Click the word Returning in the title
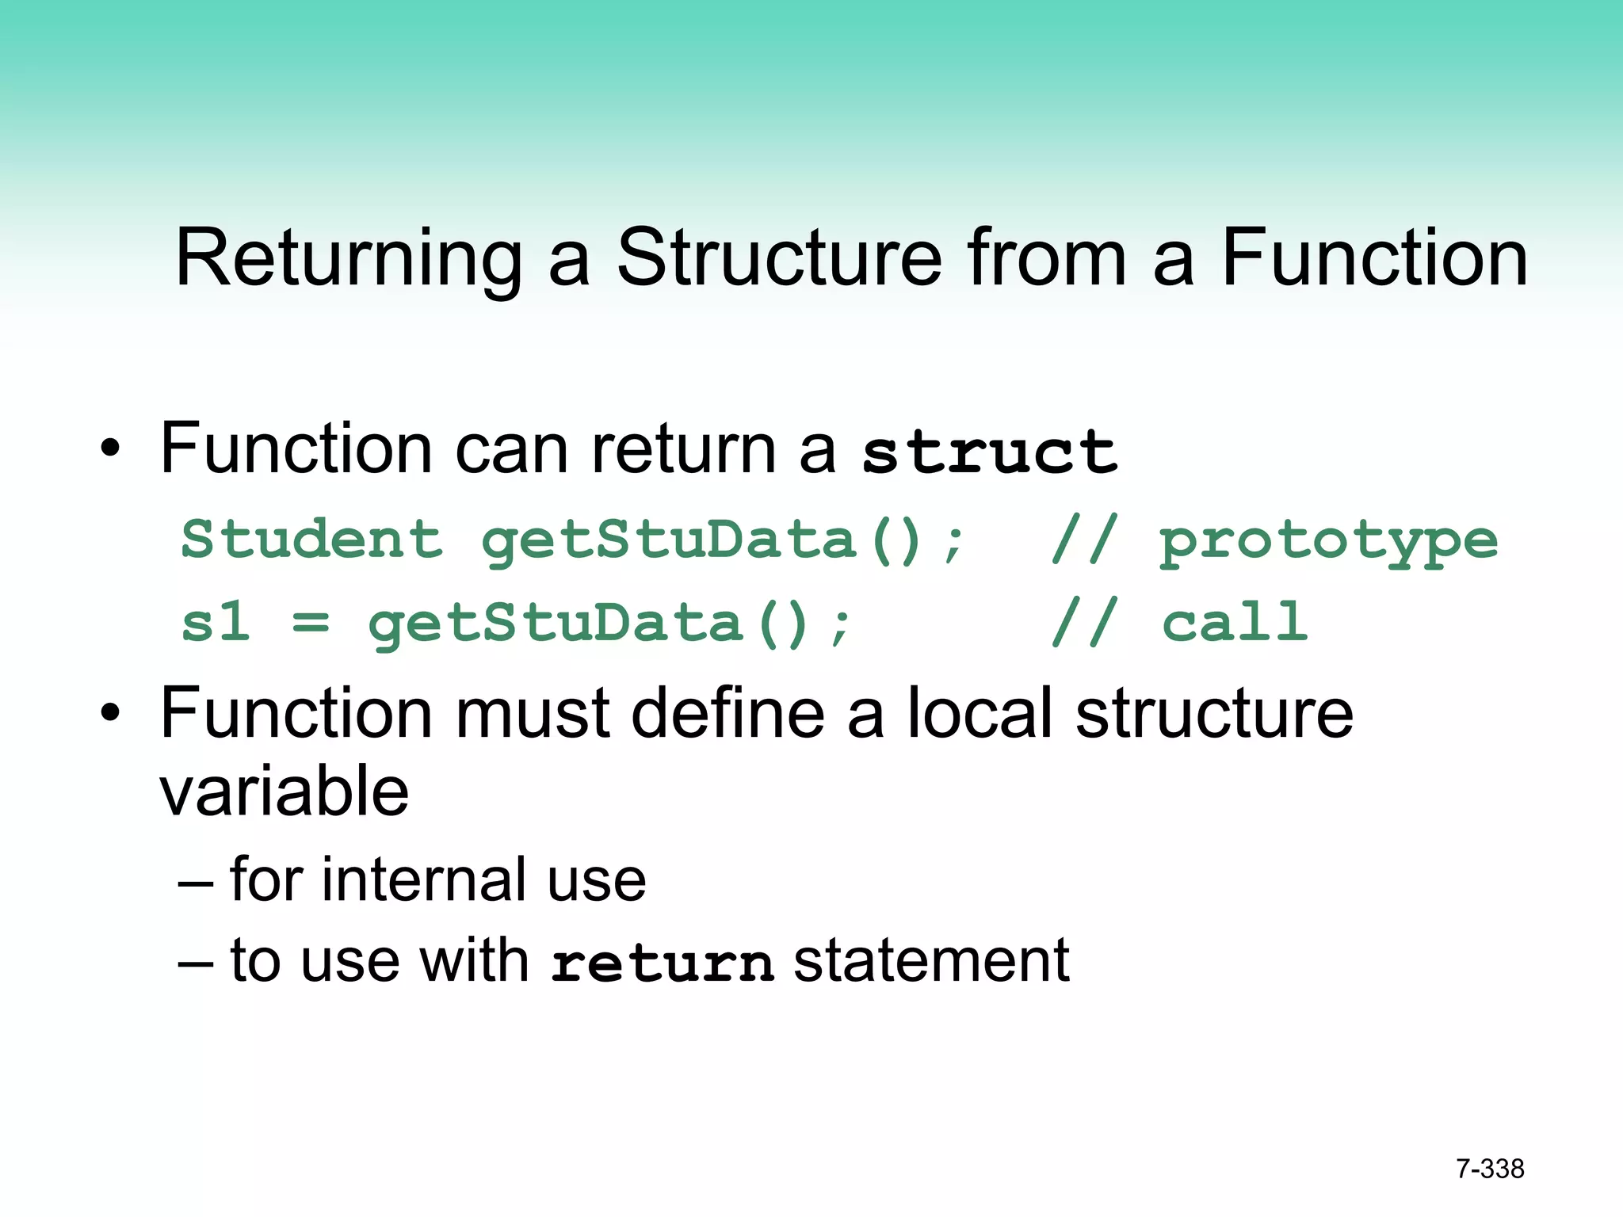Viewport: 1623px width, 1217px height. click(x=349, y=258)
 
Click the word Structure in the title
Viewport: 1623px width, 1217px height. click(x=779, y=258)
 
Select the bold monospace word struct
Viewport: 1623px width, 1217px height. click(x=990, y=452)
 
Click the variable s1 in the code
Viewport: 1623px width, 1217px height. click(x=215, y=622)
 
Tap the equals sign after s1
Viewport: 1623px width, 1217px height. click(x=310, y=624)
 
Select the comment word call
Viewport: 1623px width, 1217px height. click(x=1234, y=622)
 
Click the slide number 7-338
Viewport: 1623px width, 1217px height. click(x=1490, y=1169)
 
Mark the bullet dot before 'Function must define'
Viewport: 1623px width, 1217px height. click(x=110, y=713)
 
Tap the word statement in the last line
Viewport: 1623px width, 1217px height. click(x=931, y=960)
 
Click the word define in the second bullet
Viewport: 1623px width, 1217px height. click(x=727, y=712)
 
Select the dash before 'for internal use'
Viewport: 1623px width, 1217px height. click(x=196, y=881)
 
